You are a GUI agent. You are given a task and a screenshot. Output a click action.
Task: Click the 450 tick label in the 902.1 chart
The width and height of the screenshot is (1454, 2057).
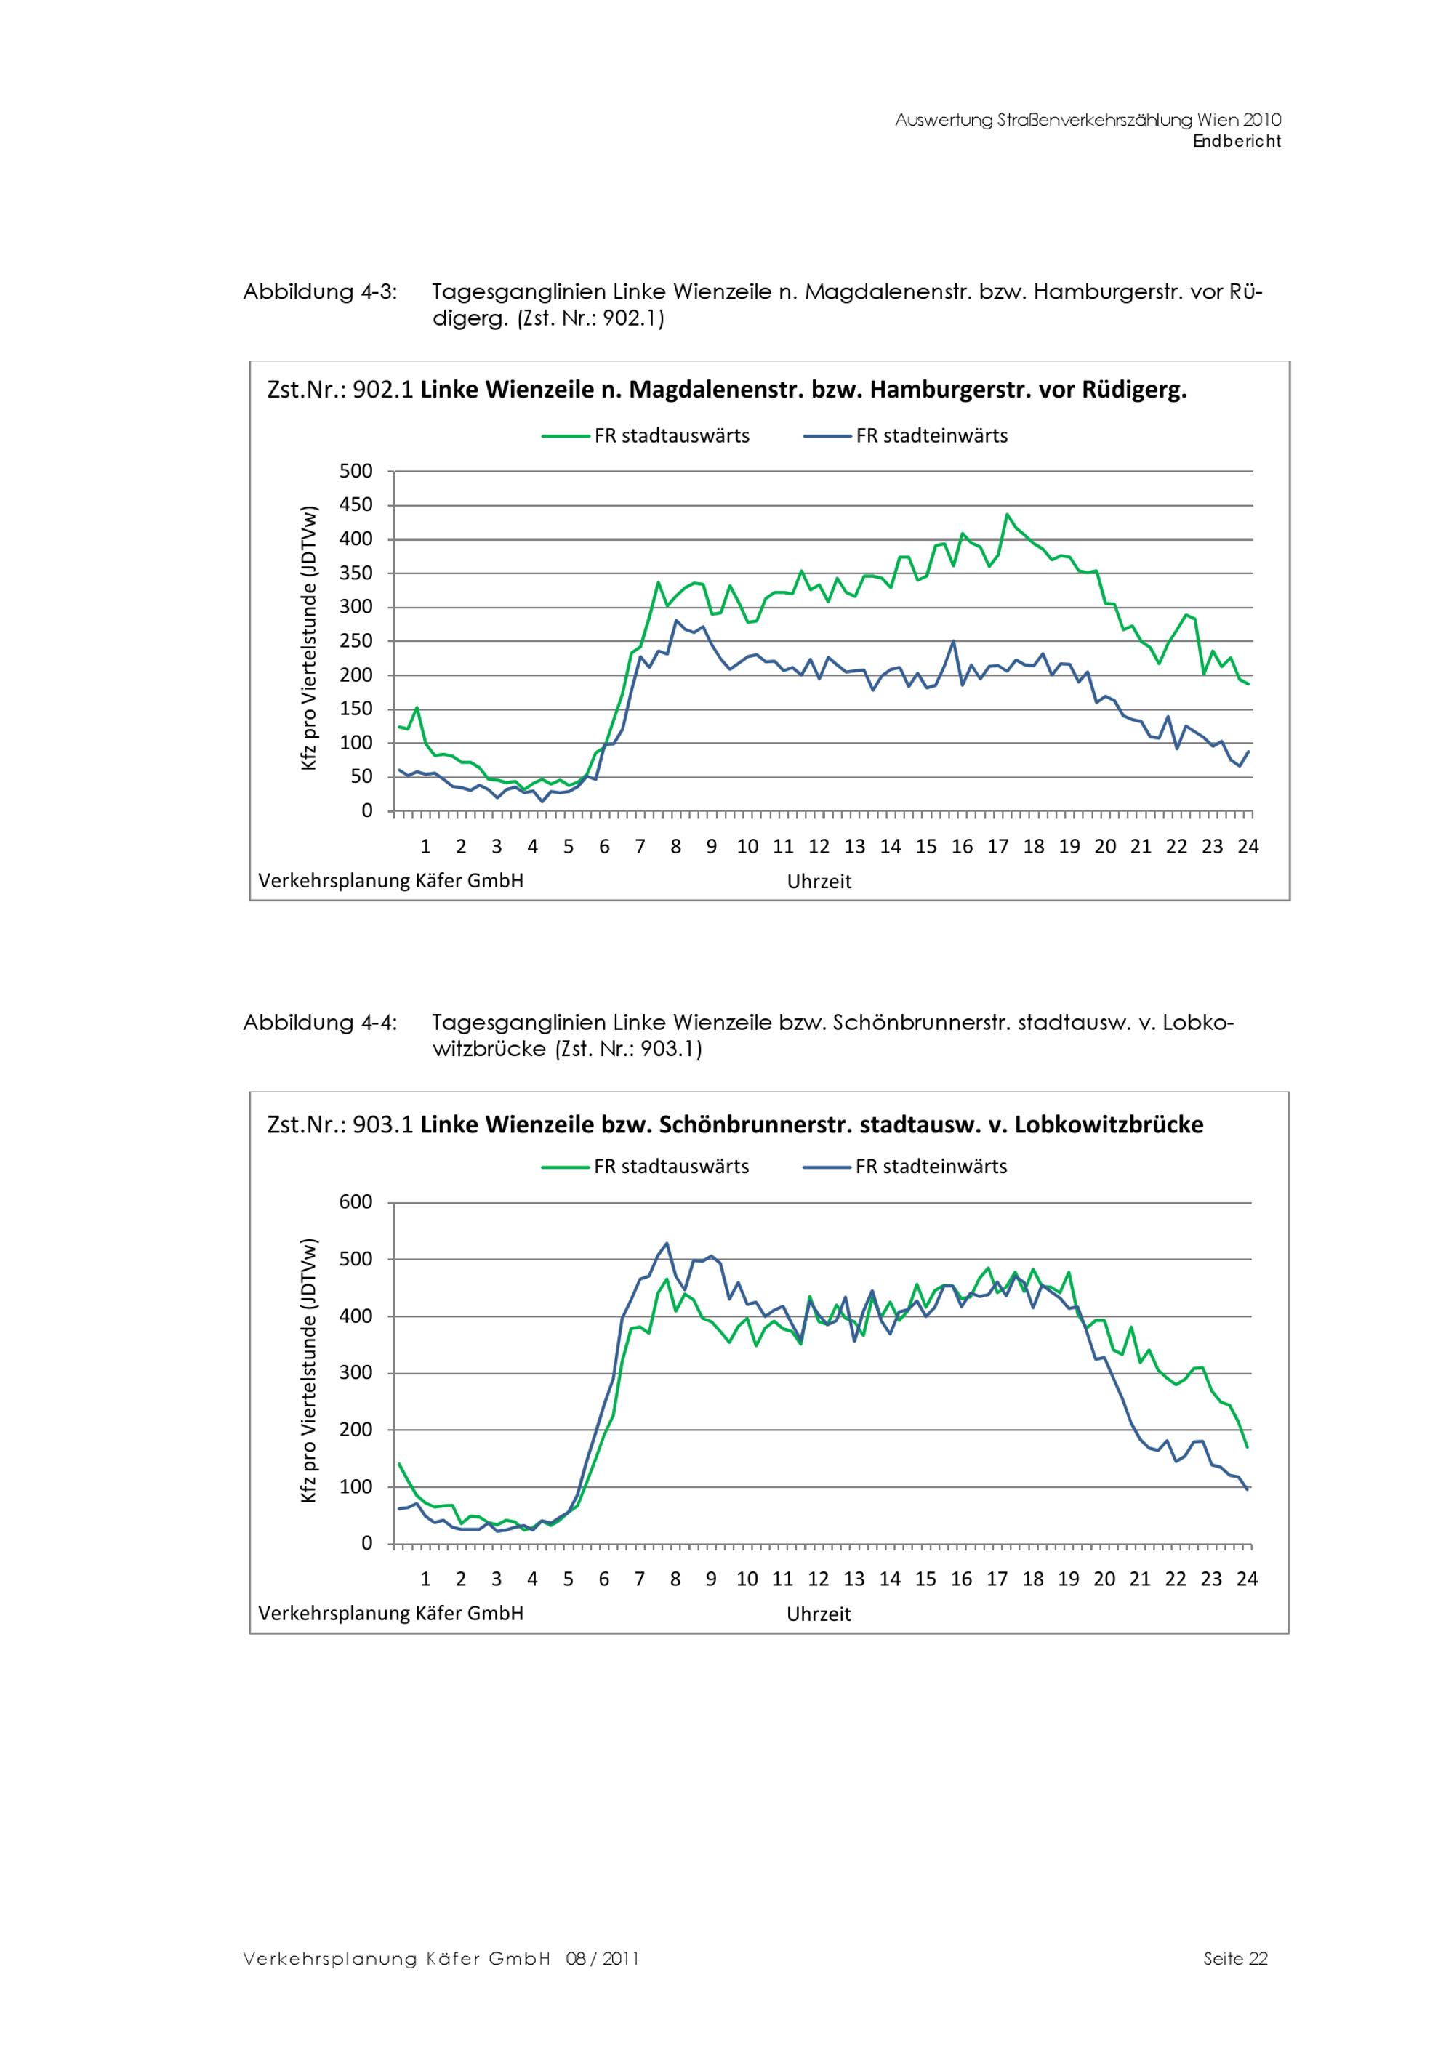(x=356, y=505)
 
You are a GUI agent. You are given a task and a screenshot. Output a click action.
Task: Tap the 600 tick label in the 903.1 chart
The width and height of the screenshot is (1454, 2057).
(x=356, y=1202)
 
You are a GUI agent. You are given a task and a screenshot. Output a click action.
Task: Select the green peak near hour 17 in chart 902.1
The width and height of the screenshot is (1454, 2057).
(x=1007, y=515)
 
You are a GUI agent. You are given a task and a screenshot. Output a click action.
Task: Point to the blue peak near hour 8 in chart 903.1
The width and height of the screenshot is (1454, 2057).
(x=667, y=1244)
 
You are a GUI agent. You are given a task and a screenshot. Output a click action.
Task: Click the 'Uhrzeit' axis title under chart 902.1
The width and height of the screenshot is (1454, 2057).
(x=819, y=882)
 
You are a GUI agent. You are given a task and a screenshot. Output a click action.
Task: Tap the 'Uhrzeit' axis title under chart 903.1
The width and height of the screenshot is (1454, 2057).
(x=819, y=1614)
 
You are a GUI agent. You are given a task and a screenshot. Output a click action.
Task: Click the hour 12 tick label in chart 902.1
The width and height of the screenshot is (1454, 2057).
(x=819, y=847)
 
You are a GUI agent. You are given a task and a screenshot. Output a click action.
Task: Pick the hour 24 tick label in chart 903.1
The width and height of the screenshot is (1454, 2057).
(x=1247, y=1579)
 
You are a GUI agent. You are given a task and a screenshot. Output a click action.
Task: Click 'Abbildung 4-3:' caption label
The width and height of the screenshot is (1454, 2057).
(x=320, y=292)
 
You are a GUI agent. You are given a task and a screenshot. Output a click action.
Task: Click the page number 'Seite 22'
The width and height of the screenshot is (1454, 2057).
(x=1235, y=1958)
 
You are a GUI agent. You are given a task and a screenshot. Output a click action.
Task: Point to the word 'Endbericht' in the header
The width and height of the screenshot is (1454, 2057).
(x=1237, y=142)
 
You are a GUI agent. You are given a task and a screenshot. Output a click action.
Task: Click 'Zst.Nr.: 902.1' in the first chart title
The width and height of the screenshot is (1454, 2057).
(x=340, y=390)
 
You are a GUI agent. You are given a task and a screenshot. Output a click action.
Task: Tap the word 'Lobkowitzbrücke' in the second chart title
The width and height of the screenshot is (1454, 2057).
(x=1109, y=1124)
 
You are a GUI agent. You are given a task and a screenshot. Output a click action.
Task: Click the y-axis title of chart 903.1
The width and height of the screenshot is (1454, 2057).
(x=309, y=1372)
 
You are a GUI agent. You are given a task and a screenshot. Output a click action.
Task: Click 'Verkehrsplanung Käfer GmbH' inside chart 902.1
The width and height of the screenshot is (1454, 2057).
(x=390, y=881)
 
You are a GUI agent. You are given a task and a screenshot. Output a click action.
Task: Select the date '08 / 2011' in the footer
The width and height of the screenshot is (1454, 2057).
(x=603, y=1958)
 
